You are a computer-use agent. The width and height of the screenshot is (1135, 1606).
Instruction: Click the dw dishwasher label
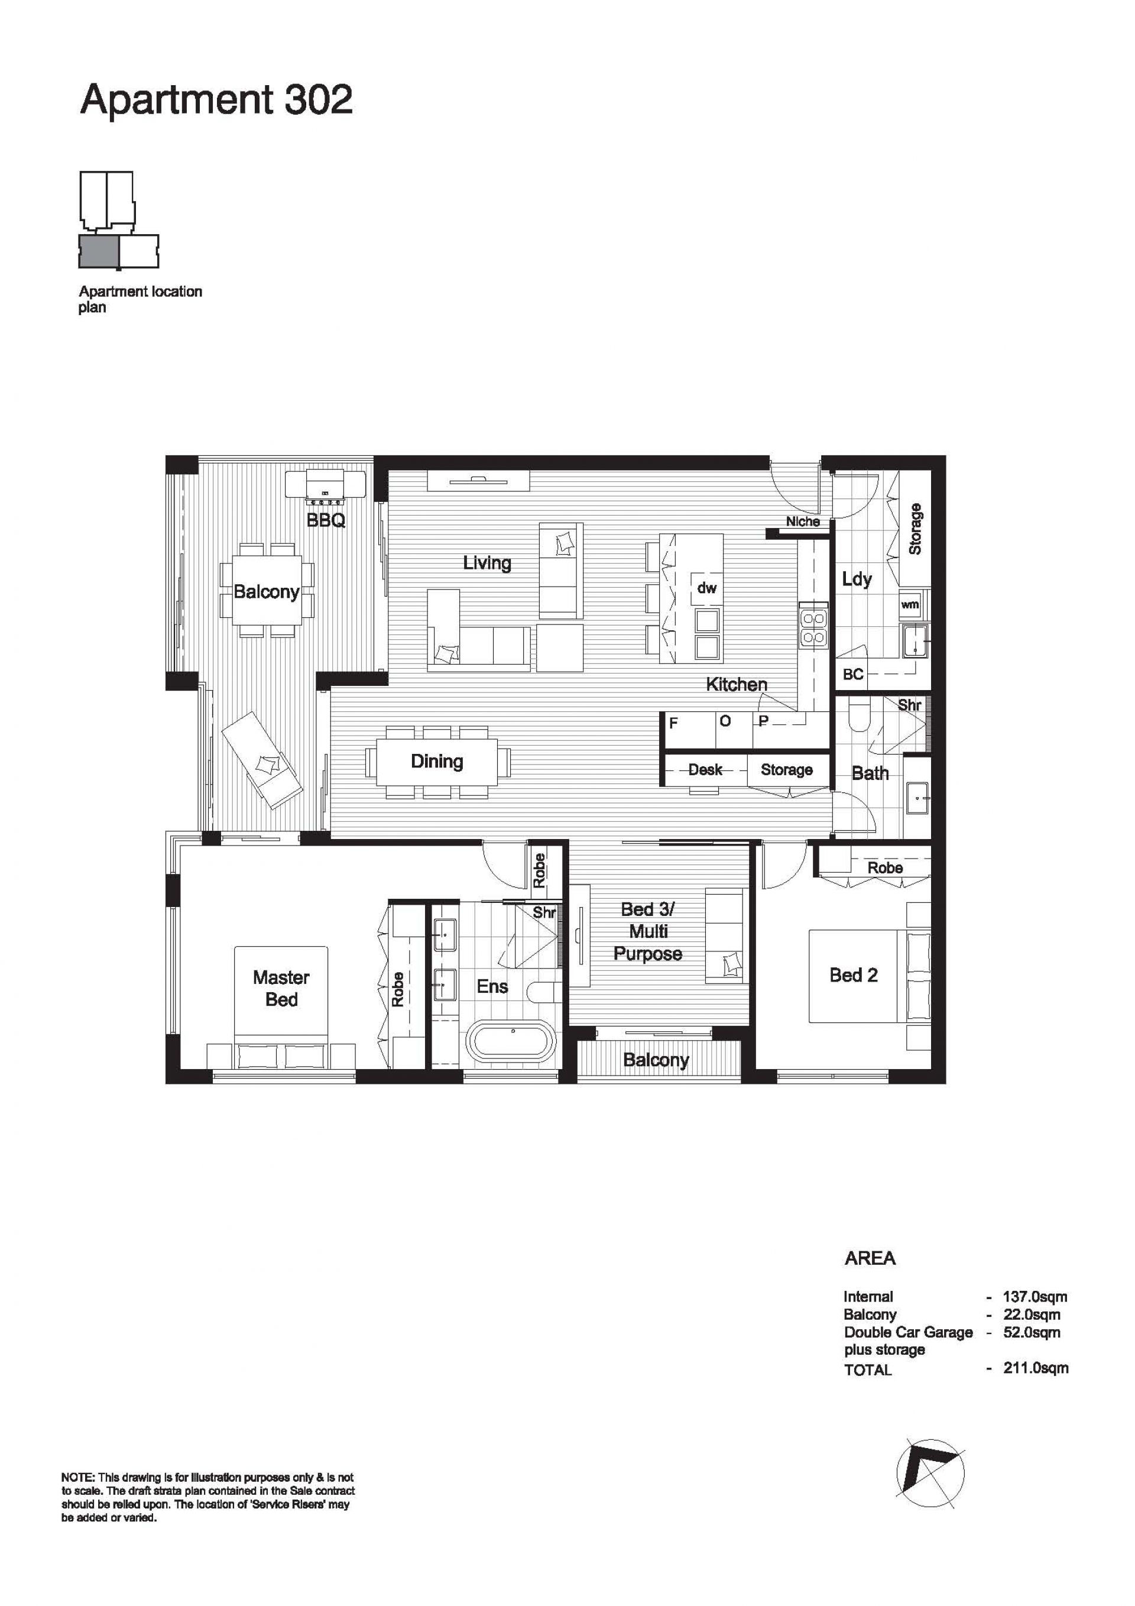706,588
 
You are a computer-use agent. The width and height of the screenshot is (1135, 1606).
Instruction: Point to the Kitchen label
736,684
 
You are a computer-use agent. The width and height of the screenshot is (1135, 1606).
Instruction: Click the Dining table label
437,761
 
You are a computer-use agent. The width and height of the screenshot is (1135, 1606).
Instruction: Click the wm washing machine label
910,604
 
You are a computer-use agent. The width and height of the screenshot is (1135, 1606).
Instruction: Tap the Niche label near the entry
802,521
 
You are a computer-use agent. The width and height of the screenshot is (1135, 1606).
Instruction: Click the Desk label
704,769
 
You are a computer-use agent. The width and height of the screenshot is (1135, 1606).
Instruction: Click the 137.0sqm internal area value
1035,1296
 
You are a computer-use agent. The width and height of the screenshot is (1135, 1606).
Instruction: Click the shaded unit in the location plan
98,252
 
